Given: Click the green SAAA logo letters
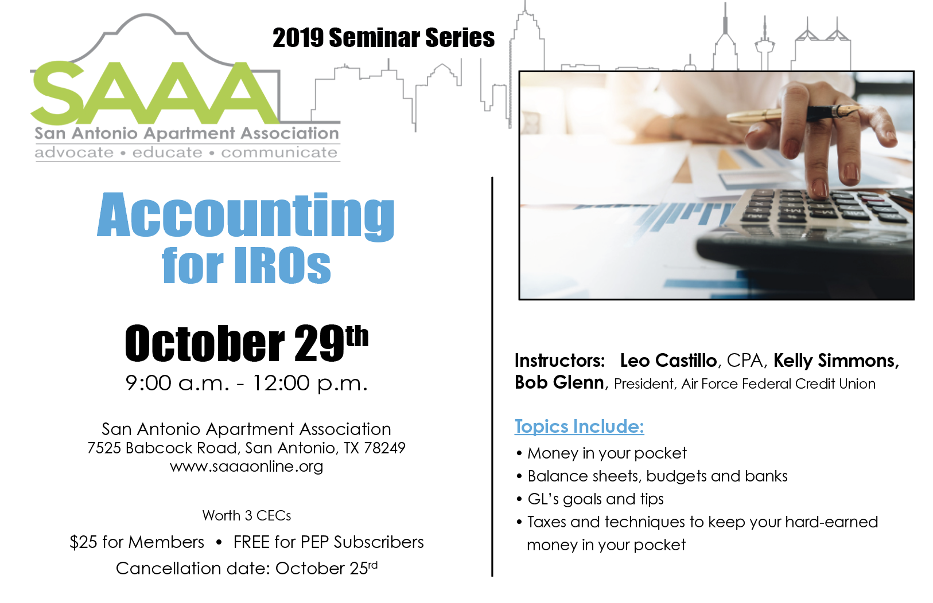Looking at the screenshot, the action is click(154, 93).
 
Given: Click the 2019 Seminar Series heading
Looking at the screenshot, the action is click(384, 37).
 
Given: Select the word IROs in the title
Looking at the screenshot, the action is click(283, 265).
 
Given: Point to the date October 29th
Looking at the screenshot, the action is click(247, 343).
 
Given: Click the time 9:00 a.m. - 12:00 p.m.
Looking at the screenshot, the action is click(247, 383).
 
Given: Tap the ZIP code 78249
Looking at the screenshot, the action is click(384, 448).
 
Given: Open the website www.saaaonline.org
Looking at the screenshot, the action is click(247, 467).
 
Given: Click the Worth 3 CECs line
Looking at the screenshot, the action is click(247, 516).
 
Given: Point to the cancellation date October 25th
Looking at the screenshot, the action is click(326, 568).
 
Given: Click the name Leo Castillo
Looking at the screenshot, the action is click(668, 361).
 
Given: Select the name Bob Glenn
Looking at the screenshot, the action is click(559, 382).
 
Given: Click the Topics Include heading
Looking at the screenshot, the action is click(580, 426).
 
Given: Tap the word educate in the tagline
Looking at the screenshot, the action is click(168, 152).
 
